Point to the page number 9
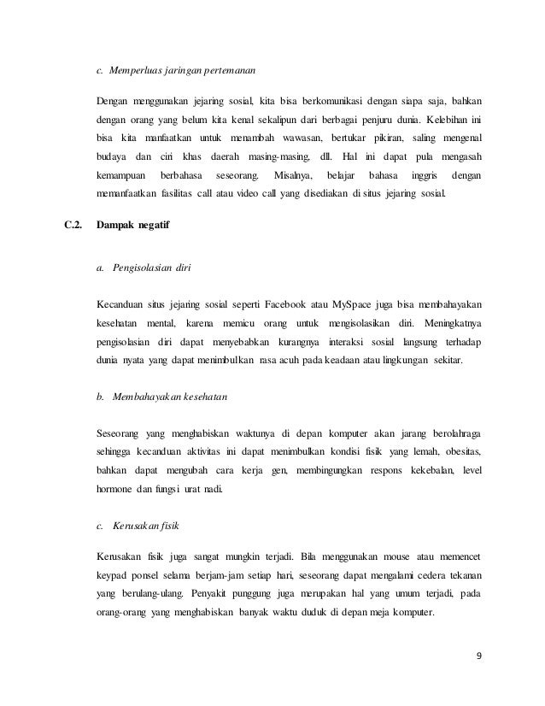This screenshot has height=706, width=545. pyautogui.click(x=478, y=656)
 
